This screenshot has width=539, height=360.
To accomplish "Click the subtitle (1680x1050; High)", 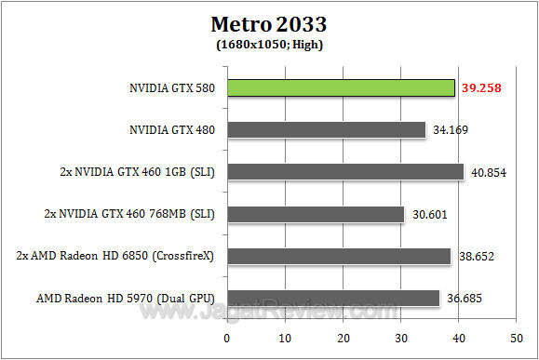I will pos(269,43).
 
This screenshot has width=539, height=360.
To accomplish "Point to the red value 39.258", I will pos(481,88).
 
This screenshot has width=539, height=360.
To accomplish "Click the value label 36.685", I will pos(465,298).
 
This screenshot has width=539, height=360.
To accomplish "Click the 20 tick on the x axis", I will pos(344,337).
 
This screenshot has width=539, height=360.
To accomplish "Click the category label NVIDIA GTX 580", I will pos(172,89).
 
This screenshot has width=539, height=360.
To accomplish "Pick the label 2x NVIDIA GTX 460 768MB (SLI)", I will pos(129,214).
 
